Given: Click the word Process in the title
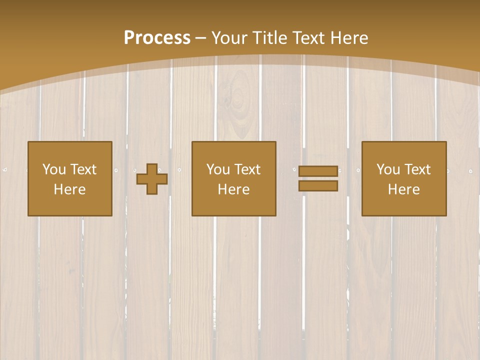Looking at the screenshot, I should click(157, 38).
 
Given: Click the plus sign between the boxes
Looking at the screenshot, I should click(152, 178).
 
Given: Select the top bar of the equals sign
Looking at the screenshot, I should click(318, 171).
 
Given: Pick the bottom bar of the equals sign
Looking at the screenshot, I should click(318, 186).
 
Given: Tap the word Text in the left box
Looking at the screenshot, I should click(83, 169).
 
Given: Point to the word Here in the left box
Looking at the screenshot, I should click(69, 189).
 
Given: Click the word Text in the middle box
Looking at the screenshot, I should click(247, 169).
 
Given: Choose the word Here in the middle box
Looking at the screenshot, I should click(233, 189).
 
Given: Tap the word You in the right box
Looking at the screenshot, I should click(388, 169).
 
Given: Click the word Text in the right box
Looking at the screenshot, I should click(417, 169).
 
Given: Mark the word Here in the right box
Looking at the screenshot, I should click(403, 189).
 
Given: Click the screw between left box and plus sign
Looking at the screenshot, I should click(116, 170).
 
